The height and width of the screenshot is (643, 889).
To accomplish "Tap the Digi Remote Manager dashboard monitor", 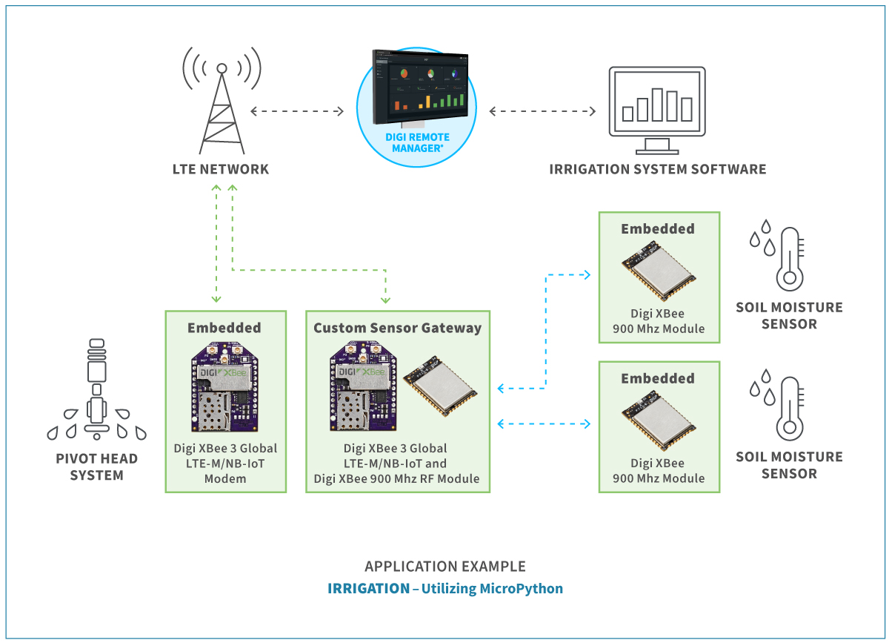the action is (420, 88).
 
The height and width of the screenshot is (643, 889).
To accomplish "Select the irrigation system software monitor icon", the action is (657, 111).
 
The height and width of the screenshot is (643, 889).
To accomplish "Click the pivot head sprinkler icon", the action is (97, 389).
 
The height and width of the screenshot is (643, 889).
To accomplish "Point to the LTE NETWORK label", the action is (221, 169).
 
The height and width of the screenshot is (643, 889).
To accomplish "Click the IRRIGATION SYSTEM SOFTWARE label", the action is (658, 169).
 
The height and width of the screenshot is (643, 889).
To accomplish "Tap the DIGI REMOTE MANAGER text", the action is (418, 142).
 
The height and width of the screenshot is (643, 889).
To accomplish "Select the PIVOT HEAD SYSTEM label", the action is (97, 467).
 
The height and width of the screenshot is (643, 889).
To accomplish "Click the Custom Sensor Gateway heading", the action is (398, 328).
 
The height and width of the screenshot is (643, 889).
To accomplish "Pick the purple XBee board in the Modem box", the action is (224, 387).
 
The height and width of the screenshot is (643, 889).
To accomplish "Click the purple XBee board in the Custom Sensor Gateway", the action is (363, 386).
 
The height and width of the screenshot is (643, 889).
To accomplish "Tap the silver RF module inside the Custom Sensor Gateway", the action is (440, 386).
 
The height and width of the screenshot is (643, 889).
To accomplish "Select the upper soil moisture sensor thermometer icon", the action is (777, 255).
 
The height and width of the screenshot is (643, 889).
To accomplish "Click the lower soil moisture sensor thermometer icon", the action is (777, 405).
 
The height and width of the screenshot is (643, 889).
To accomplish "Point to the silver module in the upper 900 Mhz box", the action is (659, 271).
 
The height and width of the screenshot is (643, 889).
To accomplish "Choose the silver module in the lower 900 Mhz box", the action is (659, 421).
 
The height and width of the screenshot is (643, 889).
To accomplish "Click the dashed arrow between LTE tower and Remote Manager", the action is (297, 111).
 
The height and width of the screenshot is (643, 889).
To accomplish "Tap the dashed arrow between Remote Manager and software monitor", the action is (542, 111).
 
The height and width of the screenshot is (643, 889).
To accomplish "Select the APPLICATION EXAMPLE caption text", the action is (445, 567).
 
